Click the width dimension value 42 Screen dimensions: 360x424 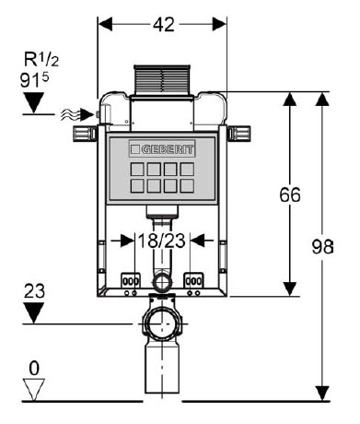tap(164, 25)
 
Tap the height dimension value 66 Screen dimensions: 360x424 tap(290, 194)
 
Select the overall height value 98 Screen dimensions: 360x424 tap(322, 246)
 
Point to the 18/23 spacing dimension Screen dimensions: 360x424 tap(162, 241)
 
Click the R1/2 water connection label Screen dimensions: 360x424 tap(41, 59)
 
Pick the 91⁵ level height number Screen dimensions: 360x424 tap(34, 80)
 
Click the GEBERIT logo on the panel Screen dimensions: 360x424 tap(162, 149)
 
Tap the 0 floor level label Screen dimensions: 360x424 tap(34, 368)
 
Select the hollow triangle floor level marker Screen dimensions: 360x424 tap(34, 389)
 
